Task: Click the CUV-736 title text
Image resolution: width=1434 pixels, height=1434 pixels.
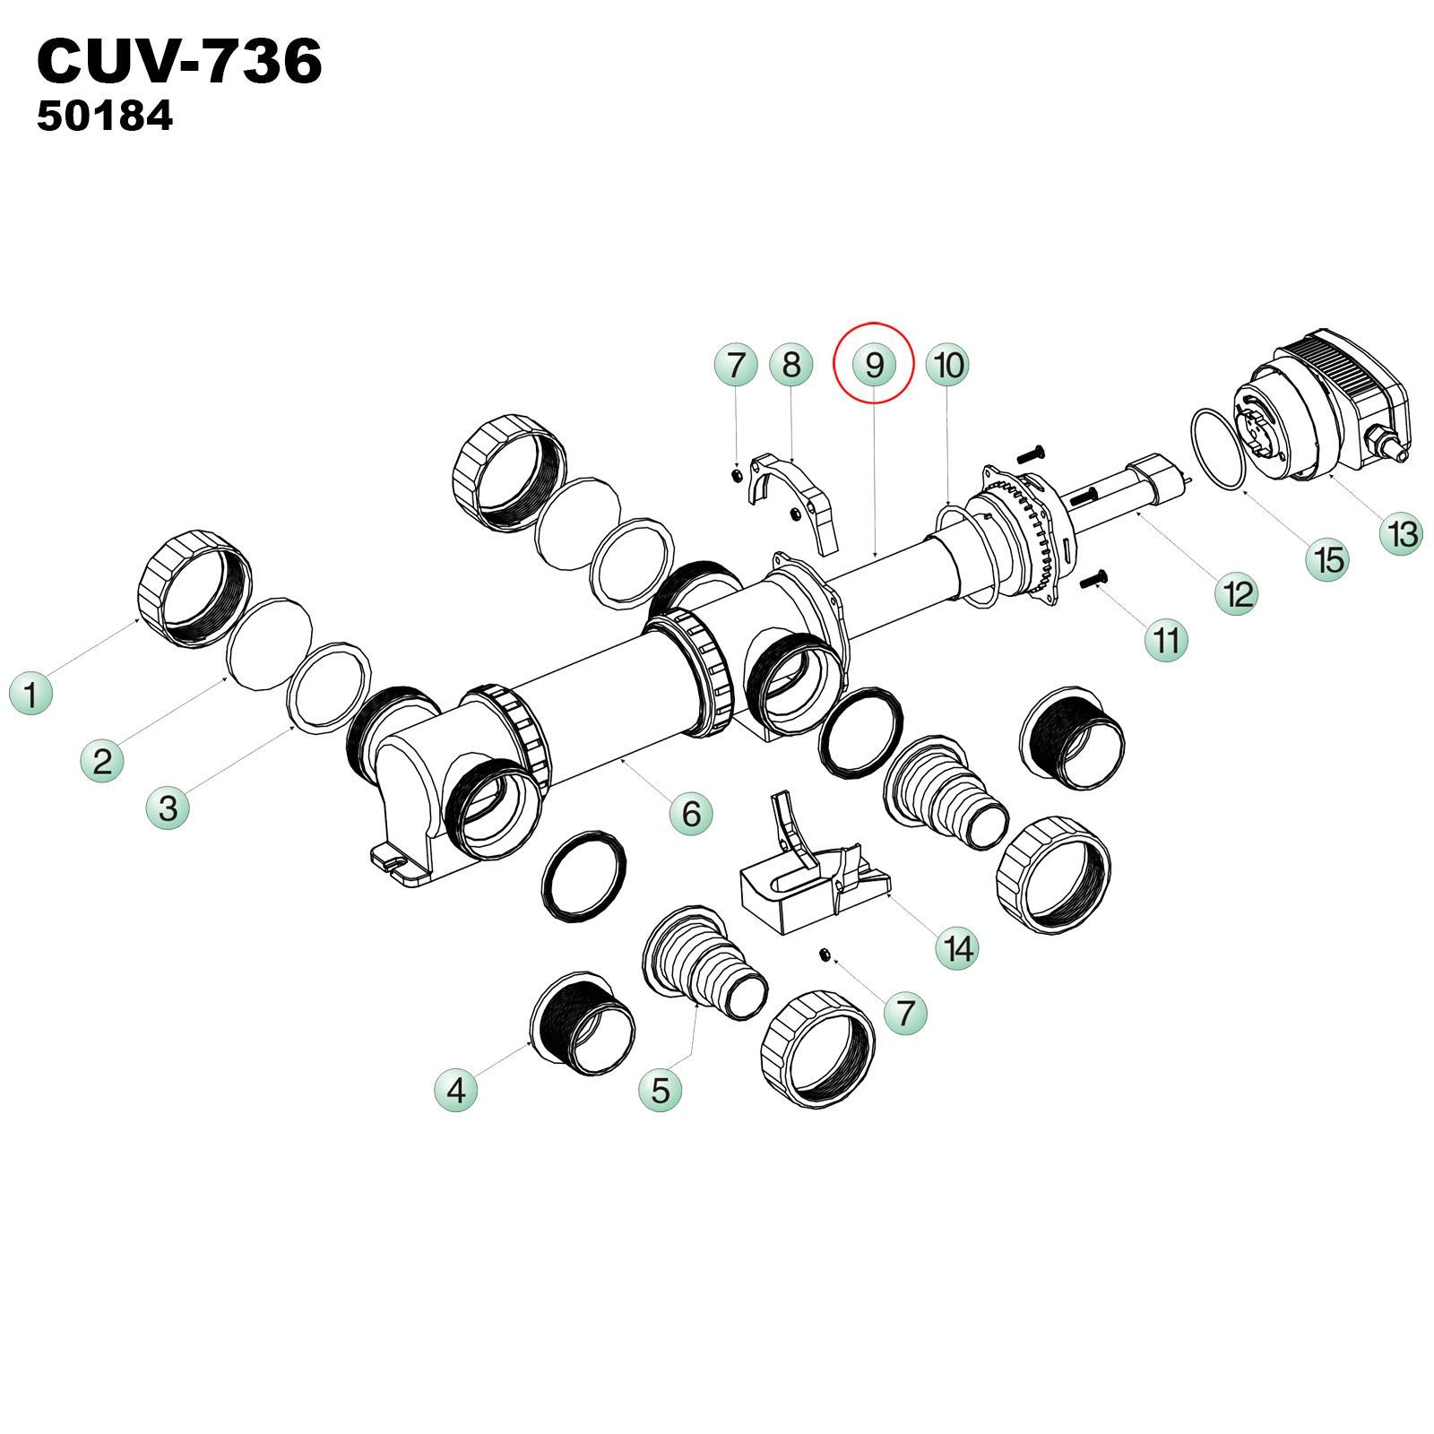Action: tap(179, 63)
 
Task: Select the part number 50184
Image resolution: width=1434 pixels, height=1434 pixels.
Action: tap(105, 117)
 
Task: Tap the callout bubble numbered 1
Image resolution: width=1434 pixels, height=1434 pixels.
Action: tap(31, 695)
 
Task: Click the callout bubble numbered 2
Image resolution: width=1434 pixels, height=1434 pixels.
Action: tap(102, 762)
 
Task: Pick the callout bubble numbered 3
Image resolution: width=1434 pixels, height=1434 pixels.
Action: tap(168, 808)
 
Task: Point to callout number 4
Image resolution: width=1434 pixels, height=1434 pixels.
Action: tap(456, 1091)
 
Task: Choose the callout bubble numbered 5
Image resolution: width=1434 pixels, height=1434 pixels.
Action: tap(661, 1091)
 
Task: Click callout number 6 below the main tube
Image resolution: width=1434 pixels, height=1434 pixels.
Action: tap(691, 814)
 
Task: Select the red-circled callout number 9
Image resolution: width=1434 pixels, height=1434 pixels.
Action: tap(874, 365)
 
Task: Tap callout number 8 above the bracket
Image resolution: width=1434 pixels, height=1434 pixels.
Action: tap(790, 365)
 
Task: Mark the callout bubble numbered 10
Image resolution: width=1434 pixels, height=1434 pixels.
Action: tap(948, 365)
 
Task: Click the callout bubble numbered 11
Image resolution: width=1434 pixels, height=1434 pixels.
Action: tap(1167, 641)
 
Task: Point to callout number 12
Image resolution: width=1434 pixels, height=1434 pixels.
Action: tap(1237, 593)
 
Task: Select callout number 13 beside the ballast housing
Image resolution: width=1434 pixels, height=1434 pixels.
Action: tap(1402, 534)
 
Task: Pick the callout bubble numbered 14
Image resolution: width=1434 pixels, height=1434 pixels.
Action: tap(958, 948)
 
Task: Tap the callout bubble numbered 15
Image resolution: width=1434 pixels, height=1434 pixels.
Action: tap(1328, 559)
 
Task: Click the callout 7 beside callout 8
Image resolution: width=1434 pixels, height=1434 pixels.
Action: tap(736, 365)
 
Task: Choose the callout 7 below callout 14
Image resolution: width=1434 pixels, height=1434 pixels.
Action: tap(905, 1014)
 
